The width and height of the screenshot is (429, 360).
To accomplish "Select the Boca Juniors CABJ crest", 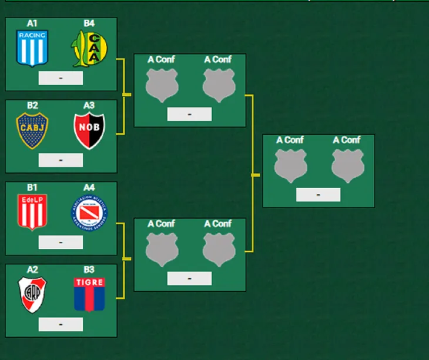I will pyautogui.click(x=32, y=131).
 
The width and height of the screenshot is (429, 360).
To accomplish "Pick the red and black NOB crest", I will pyautogui.click(x=89, y=131).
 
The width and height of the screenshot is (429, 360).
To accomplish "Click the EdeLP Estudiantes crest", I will pyautogui.click(x=32, y=212).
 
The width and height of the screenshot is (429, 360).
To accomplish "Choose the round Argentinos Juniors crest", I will pyautogui.click(x=89, y=213).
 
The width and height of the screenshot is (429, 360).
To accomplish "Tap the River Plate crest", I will pyautogui.click(x=32, y=294).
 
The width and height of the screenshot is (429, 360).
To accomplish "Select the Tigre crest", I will pyautogui.click(x=89, y=294).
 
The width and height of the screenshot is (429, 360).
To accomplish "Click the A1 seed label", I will pyautogui.click(x=32, y=24).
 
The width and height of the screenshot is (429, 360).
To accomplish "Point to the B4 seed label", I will pyautogui.click(x=89, y=24).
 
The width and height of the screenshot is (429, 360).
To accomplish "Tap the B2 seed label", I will pyautogui.click(x=32, y=105).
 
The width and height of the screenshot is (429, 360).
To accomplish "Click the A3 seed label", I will pyautogui.click(x=89, y=105).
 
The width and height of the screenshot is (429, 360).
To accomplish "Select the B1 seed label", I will pyautogui.click(x=32, y=188).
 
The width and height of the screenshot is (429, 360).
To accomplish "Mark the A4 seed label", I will pyautogui.click(x=89, y=188).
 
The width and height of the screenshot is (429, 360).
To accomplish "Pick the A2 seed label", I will pyautogui.click(x=32, y=269).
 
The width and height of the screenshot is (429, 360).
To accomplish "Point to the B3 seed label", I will pyautogui.click(x=89, y=269).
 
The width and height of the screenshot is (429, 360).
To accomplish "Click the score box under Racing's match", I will pyautogui.click(x=61, y=78).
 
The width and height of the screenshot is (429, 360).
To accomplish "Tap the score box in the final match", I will pyautogui.click(x=318, y=195).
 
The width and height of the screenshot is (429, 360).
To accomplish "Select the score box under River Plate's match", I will pyautogui.click(x=61, y=324).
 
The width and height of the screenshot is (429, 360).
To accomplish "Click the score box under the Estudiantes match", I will pyautogui.click(x=61, y=242).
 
